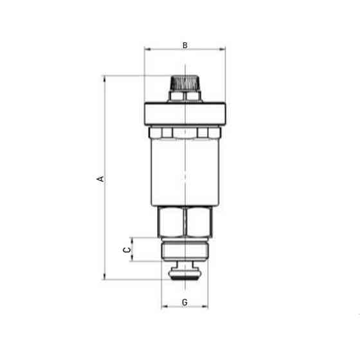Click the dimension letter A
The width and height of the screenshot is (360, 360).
(100, 178)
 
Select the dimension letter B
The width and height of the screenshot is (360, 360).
(184, 45)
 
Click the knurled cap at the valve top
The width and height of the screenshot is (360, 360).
(184, 83)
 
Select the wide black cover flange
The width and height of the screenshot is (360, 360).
(184, 113)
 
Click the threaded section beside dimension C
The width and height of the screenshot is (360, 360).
(184, 251)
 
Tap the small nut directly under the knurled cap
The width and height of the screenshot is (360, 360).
(184, 96)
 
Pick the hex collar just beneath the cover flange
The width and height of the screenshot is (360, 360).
(184, 133)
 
